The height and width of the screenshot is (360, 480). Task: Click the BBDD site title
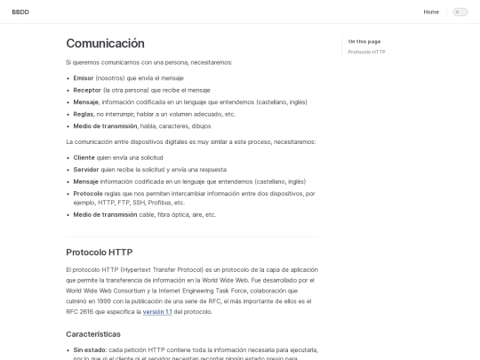click(x=20, y=12)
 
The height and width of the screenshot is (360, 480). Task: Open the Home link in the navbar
click(x=431, y=12)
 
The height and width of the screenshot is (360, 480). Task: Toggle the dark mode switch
click(x=460, y=12)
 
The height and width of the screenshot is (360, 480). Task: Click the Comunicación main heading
click(x=105, y=44)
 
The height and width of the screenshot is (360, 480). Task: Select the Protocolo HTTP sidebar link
click(x=366, y=52)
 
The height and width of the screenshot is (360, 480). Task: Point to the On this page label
click(x=364, y=41)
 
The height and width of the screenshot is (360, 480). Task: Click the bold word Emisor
click(x=84, y=77)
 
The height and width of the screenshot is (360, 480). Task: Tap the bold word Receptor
click(x=87, y=90)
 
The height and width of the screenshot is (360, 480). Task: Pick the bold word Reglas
click(x=84, y=114)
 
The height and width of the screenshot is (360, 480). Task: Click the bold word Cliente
click(x=84, y=157)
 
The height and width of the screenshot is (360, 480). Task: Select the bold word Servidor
click(x=86, y=169)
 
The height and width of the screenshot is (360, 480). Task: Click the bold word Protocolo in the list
click(x=88, y=193)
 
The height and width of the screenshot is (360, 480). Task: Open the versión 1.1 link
click(x=157, y=312)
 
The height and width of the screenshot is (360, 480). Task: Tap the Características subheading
click(x=100, y=334)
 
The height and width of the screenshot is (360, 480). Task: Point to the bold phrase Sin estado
click(x=90, y=350)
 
